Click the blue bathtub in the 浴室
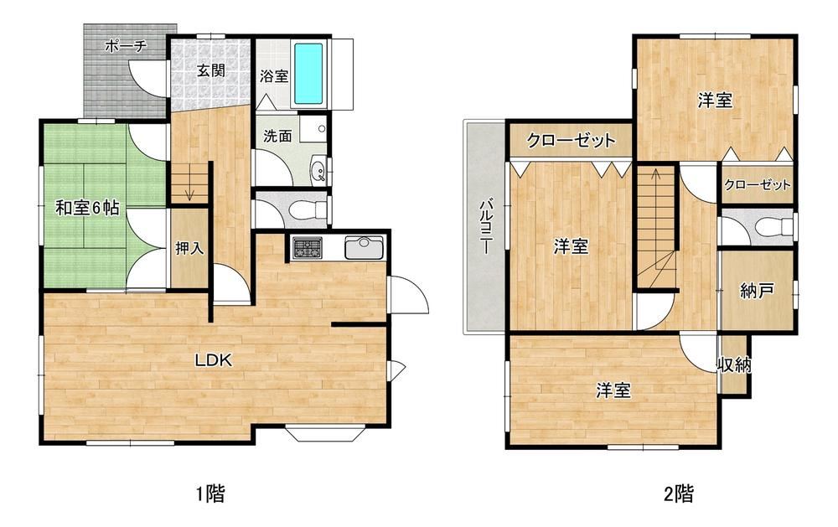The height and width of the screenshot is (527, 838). coord(308,74)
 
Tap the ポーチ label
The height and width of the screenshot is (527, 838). coord(126,47)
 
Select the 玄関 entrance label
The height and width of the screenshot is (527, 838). coord(211,70)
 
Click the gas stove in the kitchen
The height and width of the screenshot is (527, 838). coord(307,247)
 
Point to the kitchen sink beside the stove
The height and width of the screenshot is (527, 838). coord(364,247)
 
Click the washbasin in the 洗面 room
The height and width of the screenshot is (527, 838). coord(319,171)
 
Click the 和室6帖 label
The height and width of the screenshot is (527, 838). coord(87,208)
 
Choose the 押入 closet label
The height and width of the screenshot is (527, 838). coord(189,248)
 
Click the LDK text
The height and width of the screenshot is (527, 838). coord(213,360)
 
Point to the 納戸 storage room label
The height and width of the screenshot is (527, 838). coord(757,291)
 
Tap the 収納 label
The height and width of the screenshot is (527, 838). coord(734,365)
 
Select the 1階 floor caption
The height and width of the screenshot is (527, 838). coord(209,493)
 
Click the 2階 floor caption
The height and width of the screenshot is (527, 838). coord(679,493)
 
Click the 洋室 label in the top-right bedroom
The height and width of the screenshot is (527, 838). coord(715,100)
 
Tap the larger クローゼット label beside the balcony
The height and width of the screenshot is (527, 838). coord(570,141)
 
